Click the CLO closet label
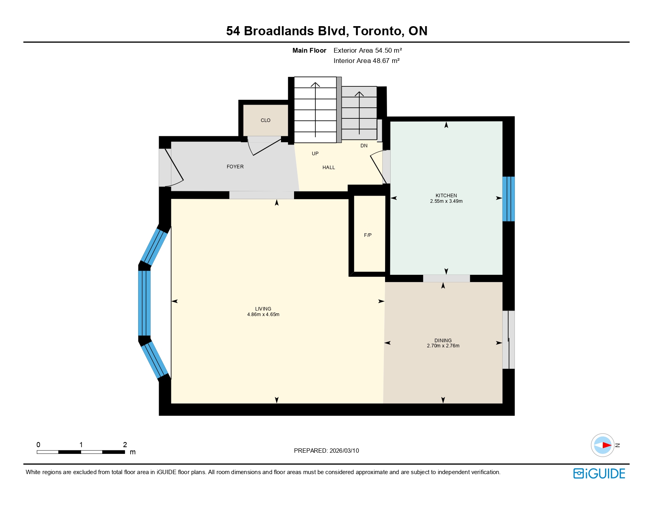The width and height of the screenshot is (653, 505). click(265, 120)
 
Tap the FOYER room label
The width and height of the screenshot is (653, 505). click(235, 167)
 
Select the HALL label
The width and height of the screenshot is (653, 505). click(328, 168)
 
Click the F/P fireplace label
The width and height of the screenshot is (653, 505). click(368, 235)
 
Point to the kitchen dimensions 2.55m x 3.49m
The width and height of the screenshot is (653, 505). click(446, 201)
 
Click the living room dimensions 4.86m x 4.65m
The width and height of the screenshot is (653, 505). click(263, 314)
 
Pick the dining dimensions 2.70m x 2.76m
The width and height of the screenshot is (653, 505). click(443, 346)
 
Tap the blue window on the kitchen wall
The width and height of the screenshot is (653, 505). click(509, 199)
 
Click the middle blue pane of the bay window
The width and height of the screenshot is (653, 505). click(144, 303)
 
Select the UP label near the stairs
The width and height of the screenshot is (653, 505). click(315, 154)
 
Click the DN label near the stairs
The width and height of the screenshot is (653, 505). click(364, 146)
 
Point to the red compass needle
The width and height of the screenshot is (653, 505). click(607, 445)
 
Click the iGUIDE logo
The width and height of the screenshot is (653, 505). click(599, 474)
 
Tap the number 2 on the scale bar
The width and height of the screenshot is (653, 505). click(125, 444)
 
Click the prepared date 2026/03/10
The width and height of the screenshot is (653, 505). click(344, 451)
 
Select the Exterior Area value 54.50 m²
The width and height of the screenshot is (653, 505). click(388, 51)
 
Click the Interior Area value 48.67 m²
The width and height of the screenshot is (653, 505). click(386, 61)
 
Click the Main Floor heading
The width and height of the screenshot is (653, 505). click(309, 51)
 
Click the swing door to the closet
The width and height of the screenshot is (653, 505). click(264, 147)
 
